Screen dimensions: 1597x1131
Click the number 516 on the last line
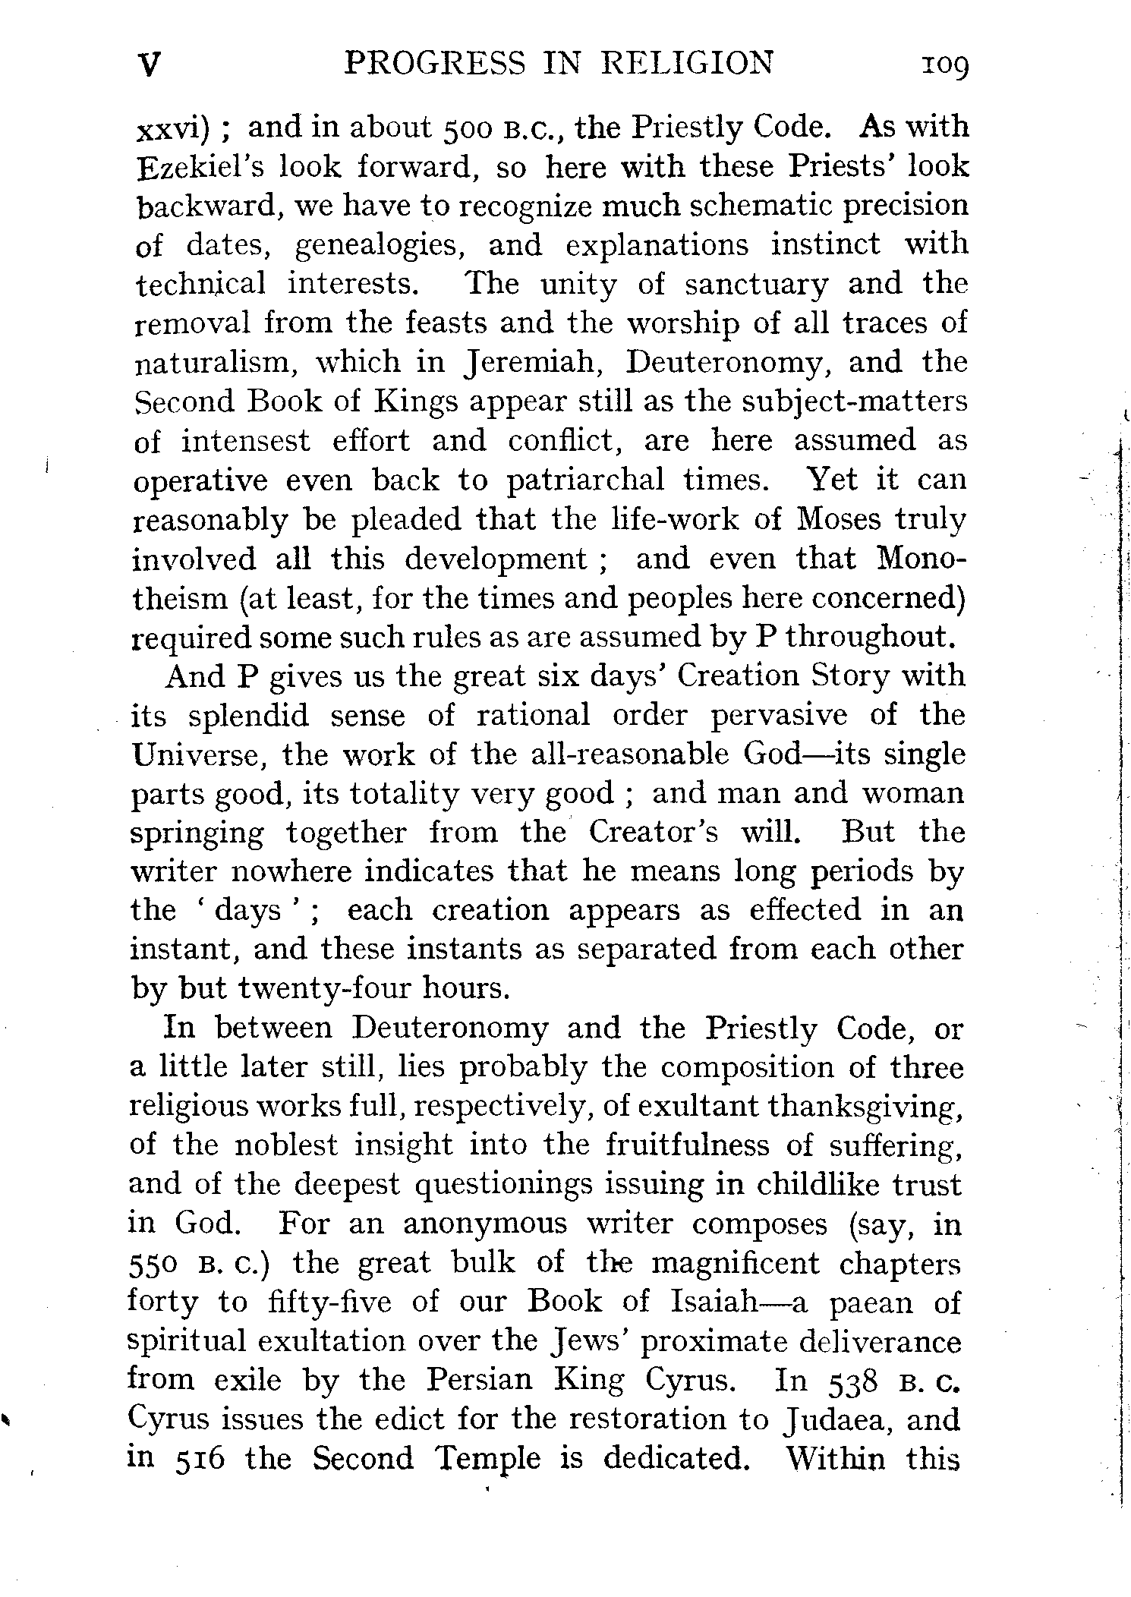(200, 1460)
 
